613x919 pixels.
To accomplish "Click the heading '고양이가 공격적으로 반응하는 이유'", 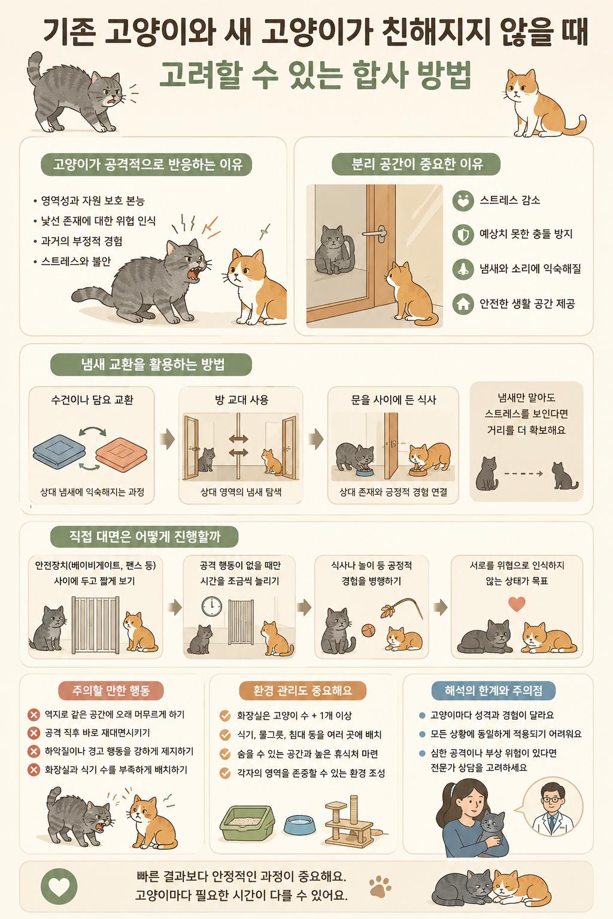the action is (x=147, y=164).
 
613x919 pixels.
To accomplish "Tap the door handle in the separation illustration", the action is (x=375, y=233).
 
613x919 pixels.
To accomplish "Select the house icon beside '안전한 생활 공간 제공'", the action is (x=463, y=303).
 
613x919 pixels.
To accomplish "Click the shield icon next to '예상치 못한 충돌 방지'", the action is (x=463, y=235).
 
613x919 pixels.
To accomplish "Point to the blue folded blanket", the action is (x=59, y=449).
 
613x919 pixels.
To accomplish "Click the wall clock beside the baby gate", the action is (x=212, y=606).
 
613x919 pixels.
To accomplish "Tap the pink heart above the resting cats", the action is (x=517, y=604).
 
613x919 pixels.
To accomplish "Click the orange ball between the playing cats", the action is (x=368, y=630).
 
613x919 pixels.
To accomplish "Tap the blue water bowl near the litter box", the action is (x=300, y=824).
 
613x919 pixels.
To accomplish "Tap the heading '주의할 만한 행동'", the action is (x=111, y=690).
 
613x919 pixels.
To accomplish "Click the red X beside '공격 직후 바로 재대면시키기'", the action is (x=34, y=733).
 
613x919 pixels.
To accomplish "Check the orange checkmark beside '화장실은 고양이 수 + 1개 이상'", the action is (x=225, y=716).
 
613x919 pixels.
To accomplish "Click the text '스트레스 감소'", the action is (x=510, y=200).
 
